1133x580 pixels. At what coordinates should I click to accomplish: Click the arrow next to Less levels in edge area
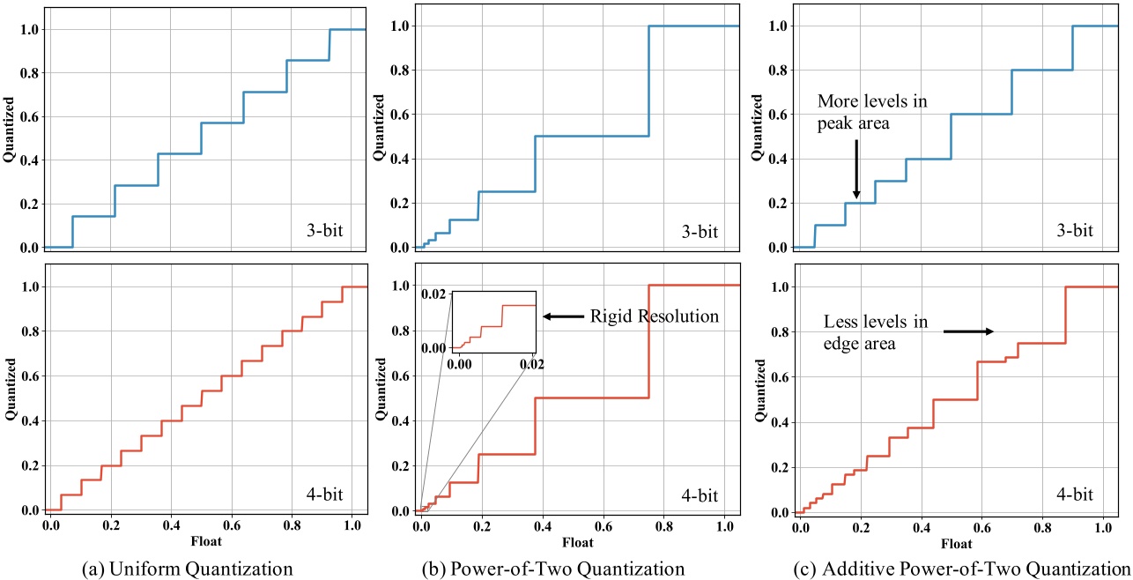point(968,332)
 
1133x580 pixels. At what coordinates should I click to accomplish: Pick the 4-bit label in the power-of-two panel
point(696,494)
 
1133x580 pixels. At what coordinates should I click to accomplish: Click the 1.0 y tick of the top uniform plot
point(28,30)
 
